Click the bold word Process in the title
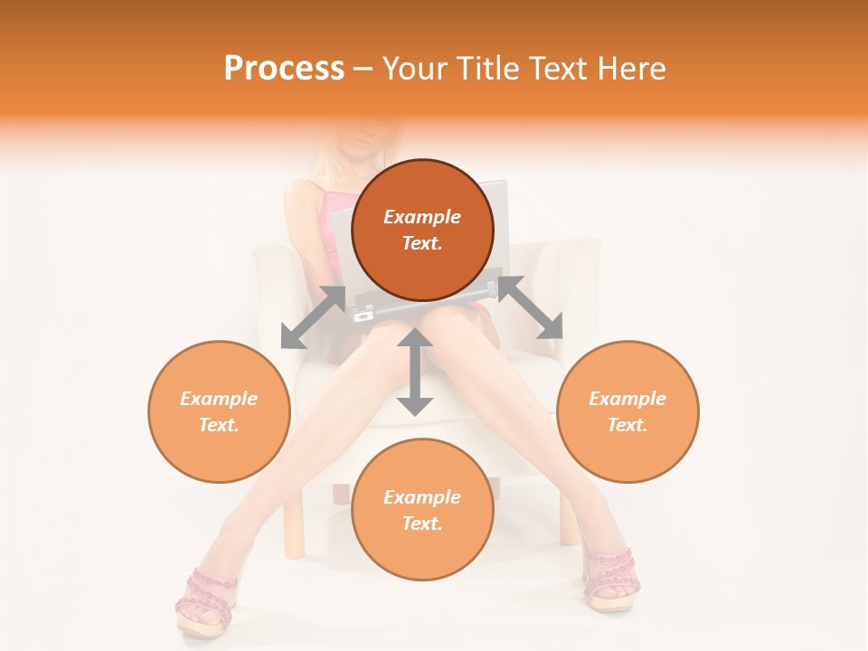pyautogui.click(x=284, y=69)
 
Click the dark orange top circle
pyautogui.click(x=422, y=230)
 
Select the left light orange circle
pyautogui.click(x=219, y=411)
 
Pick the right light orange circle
pyautogui.click(x=627, y=411)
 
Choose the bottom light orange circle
pyautogui.click(x=422, y=510)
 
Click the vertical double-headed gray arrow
pyautogui.click(x=415, y=373)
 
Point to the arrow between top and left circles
pyautogui.click(x=313, y=317)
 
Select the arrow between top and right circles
pyautogui.click(x=530, y=308)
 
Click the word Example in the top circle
pyautogui.click(x=422, y=217)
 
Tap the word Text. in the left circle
pyautogui.click(x=219, y=425)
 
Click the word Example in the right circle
pyautogui.click(x=627, y=399)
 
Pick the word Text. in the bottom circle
pyautogui.click(x=422, y=524)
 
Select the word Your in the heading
pyautogui.click(x=412, y=69)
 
